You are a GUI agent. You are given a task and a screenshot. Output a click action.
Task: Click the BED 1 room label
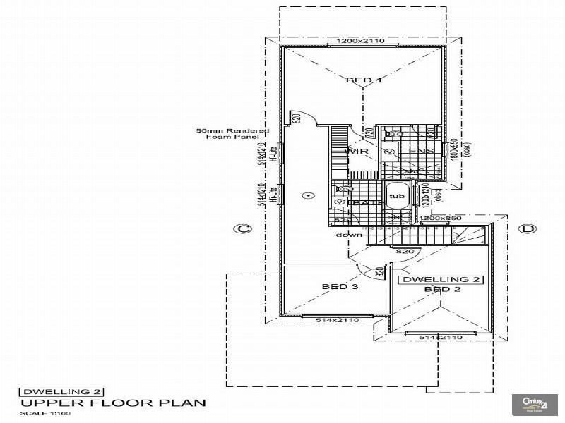point(364,80)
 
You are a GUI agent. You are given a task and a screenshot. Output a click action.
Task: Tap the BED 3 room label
point(339,287)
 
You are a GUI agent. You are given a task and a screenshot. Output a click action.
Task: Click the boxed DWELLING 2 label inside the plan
point(441,280)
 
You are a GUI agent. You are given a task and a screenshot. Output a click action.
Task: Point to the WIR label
point(353,152)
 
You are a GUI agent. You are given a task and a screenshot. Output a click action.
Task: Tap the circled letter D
point(528,228)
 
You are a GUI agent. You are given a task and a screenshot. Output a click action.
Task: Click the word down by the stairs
point(349,235)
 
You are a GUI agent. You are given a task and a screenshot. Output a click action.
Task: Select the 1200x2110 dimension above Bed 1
point(360,42)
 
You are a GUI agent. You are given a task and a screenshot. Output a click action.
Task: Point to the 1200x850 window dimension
point(441,219)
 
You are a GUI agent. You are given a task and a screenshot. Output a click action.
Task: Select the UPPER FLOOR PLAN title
point(112,403)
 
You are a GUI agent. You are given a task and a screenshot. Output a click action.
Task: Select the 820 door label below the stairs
point(404,251)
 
